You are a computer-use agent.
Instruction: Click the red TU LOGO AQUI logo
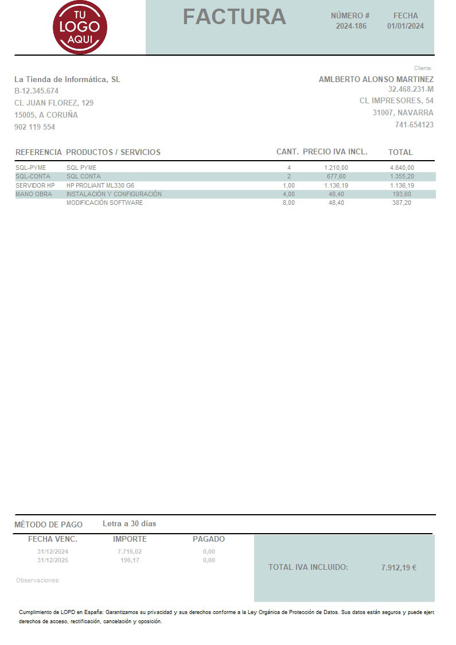tap(80, 27)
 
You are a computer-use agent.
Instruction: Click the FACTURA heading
tap(234, 17)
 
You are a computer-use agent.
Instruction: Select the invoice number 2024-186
tap(351, 26)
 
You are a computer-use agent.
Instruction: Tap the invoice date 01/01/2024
tap(406, 26)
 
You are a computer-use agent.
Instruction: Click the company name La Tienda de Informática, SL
tap(67, 79)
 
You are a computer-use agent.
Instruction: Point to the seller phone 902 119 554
tap(34, 127)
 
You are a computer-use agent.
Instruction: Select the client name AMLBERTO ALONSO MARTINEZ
tap(376, 79)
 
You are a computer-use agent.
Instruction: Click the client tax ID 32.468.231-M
tap(411, 90)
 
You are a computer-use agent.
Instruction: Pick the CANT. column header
tap(287, 152)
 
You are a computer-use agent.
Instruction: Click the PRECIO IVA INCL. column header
tap(335, 152)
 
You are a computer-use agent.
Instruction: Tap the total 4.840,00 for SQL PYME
tap(402, 168)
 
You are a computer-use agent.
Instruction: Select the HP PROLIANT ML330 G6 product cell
tap(100, 185)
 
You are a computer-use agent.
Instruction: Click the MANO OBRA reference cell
tap(34, 194)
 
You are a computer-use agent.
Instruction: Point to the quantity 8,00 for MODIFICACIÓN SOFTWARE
tap(289, 203)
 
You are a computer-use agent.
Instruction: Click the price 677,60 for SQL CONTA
tap(336, 176)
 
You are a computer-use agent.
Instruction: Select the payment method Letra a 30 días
tap(129, 523)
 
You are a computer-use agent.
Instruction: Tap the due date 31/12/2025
tap(53, 560)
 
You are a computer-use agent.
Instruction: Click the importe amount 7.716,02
tap(130, 551)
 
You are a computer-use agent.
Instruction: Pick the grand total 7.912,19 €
tap(399, 568)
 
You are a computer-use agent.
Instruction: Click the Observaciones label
tap(38, 581)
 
